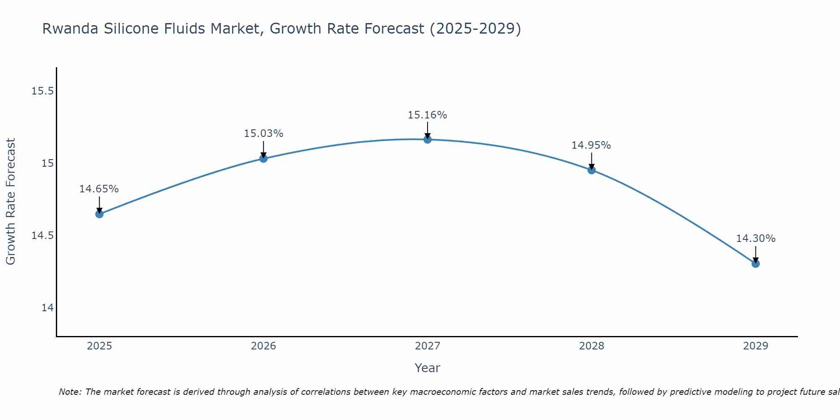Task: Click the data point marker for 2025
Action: (x=99, y=214)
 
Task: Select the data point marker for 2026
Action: (x=263, y=158)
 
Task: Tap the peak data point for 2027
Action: (x=428, y=139)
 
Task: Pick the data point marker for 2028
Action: (x=591, y=170)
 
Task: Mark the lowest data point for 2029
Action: (x=756, y=264)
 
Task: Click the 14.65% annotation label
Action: (x=99, y=189)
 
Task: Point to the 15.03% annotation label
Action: (x=263, y=134)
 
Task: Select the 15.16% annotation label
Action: (x=428, y=115)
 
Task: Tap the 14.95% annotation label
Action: (x=591, y=145)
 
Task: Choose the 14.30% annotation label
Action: (x=756, y=239)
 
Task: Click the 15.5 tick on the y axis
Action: (x=42, y=91)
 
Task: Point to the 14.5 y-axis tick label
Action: (x=42, y=235)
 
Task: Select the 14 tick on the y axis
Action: (x=47, y=308)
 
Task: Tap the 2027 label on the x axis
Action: (x=428, y=346)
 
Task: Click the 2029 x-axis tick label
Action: (x=756, y=346)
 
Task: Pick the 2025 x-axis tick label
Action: (x=99, y=346)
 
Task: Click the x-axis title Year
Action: (x=428, y=368)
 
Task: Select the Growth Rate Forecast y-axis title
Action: (x=10, y=202)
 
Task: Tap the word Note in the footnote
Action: (x=70, y=392)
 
